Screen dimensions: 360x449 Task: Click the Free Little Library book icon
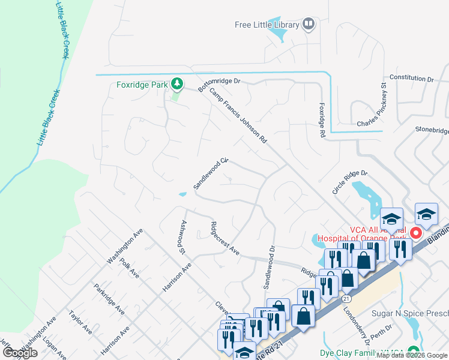[309, 25]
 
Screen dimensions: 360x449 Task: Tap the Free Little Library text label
[267, 25]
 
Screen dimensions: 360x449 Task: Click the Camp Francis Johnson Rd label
[238, 116]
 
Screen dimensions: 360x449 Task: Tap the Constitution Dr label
[411, 78]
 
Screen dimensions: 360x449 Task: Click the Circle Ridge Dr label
[350, 182]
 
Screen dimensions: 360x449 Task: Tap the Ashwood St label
[181, 236]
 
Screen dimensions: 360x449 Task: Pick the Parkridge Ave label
[109, 299]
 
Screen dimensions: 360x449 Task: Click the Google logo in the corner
[20, 353]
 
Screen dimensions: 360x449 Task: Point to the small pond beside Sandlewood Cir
[182, 194]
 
